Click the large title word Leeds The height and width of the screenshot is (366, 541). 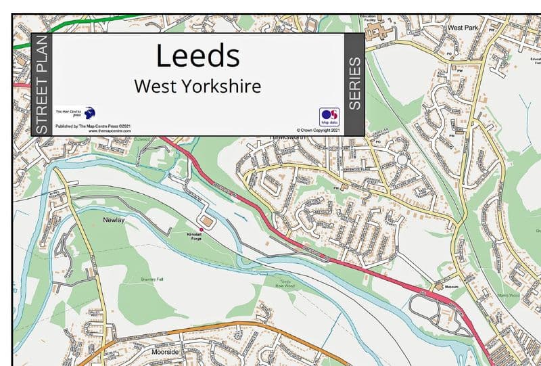tap(197, 55)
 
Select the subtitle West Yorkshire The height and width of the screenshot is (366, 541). tap(197, 87)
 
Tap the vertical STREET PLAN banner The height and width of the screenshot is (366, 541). tap(41, 84)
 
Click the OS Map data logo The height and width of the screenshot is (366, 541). tap(329, 116)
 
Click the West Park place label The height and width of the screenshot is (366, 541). tap(463, 28)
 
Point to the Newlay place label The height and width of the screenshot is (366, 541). tap(114, 220)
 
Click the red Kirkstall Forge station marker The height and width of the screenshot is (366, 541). tap(200, 229)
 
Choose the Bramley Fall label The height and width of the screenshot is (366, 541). tap(151, 279)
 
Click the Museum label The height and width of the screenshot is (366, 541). tap(452, 287)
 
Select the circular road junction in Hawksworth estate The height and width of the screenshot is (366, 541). tap(403, 160)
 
